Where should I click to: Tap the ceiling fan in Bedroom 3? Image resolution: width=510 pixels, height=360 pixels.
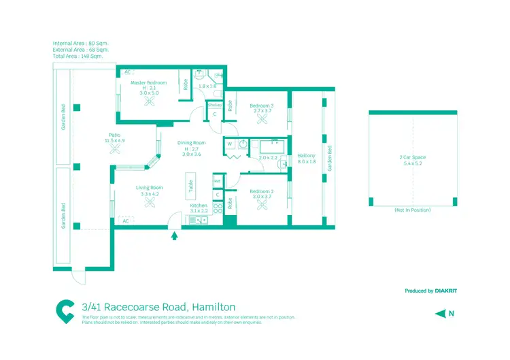(x=262, y=119)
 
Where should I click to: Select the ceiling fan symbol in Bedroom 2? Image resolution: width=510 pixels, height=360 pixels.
(x=262, y=203)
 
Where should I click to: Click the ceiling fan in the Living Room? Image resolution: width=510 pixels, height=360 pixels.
(x=149, y=207)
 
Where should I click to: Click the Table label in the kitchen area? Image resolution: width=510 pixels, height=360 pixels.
(x=191, y=183)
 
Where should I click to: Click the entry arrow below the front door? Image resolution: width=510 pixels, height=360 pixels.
(x=175, y=236)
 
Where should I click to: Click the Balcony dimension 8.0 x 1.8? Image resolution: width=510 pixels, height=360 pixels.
(x=306, y=162)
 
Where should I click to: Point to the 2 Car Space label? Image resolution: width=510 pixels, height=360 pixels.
(x=412, y=157)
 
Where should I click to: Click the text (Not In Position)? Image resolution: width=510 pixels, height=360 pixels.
(x=412, y=210)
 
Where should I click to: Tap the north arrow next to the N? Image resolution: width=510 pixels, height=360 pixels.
(x=441, y=314)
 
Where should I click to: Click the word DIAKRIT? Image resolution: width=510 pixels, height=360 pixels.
(x=446, y=291)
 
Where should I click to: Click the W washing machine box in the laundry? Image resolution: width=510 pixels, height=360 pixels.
(x=230, y=144)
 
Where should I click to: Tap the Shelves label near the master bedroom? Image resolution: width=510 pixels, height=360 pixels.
(x=215, y=105)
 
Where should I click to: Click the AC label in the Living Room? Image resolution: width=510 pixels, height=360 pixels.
(x=126, y=220)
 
